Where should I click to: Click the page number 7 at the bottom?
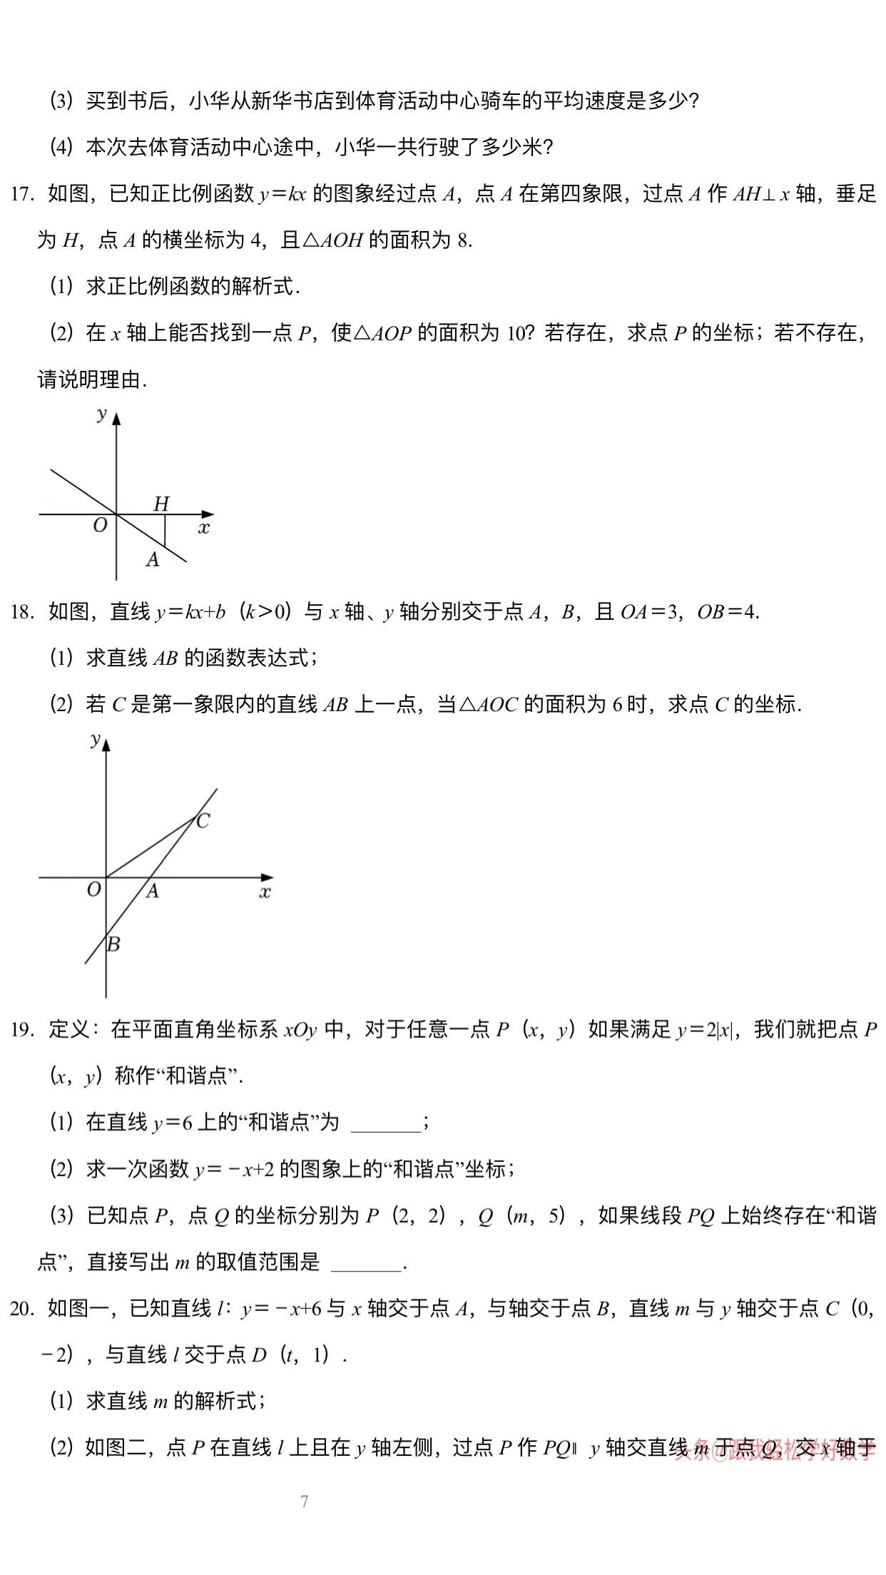(x=305, y=1502)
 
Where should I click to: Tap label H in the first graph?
(x=161, y=504)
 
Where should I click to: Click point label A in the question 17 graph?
(x=153, y=560)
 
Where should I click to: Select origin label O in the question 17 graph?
(x=100, y=526)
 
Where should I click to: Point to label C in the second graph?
(x=203, y=821)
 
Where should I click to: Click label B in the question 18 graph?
(x=113, y=944)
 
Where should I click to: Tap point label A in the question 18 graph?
(x=152, y=891)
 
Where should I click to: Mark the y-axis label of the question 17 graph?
(x=102, y=413)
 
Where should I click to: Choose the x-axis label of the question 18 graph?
(x=265, y=892)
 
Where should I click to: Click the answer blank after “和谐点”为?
(x=387, y=1123)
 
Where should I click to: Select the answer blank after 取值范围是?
(x=367, y=1263)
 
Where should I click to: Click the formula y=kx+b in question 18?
(x=190, y=612)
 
